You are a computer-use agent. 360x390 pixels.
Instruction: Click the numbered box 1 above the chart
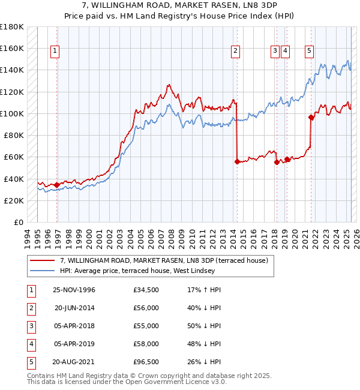[55, 52]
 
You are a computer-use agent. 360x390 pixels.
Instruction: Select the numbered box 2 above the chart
[236, 52]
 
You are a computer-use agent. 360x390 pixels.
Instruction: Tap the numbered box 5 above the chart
[309, 52]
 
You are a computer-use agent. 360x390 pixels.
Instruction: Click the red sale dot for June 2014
[237, 161]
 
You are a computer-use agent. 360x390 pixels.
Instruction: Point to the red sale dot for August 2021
[311, 117]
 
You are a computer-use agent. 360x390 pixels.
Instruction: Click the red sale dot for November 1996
[57, 185]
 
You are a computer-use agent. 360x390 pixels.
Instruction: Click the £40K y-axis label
[13, 179]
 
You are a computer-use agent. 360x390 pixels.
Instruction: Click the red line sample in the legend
[43, 260]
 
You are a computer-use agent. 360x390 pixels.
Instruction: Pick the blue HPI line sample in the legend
[43, 271]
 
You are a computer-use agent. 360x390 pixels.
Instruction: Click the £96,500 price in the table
[146, 362]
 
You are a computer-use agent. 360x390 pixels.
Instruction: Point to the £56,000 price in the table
[146, 308]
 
